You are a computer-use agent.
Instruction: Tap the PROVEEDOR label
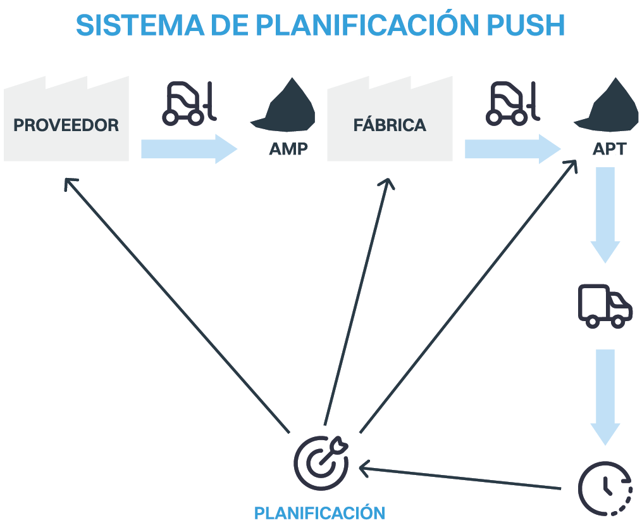click(x=66, y=125)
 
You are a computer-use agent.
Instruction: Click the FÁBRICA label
click(x=390, y=125)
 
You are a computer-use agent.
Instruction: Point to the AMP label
click(x=288, y=149)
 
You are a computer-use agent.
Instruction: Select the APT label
click(x=609, y=149)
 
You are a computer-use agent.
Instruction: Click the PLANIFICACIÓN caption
click(x=319, y=513)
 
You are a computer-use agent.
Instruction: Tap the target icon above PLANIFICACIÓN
click(x=321, y=461)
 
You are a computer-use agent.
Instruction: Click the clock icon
click(x=605, y=487)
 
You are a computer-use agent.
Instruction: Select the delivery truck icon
click(x=605, y=306)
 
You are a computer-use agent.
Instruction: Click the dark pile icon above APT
click(x=608, y=104)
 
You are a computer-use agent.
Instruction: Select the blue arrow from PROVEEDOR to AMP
click(x=188, y=149)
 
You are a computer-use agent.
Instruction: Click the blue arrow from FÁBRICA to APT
click(x=512, y=149)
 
